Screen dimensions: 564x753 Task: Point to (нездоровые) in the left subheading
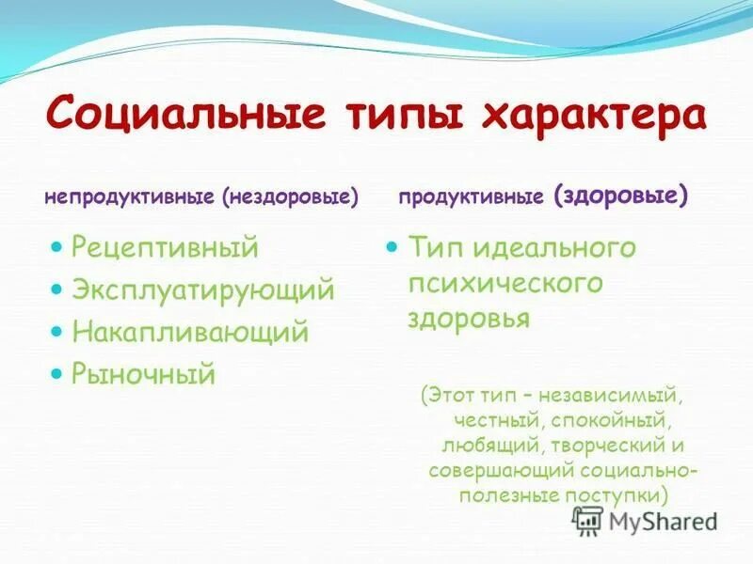tap(291, 197)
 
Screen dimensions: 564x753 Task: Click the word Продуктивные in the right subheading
tap(471, 197)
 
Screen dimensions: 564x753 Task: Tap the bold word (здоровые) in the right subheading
tap(621, 196)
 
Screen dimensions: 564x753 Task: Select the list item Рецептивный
tap(165, 248)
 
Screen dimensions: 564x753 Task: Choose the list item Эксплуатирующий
tap(202, 290)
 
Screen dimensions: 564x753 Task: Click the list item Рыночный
tap(144, 374)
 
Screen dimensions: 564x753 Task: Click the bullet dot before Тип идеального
tap(394, 246)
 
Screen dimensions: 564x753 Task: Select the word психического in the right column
tap(505, 283)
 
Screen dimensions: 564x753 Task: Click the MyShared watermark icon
tap(588, 520)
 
